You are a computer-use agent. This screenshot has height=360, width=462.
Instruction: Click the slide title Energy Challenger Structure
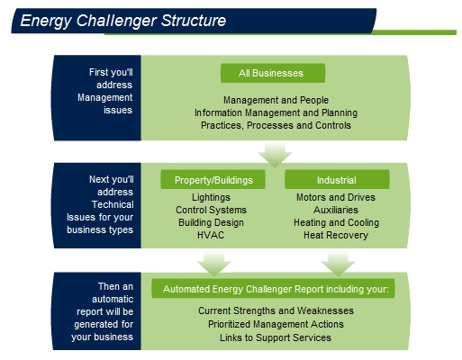[x=123, y=21]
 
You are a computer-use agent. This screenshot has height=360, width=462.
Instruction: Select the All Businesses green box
[x=273, y=73]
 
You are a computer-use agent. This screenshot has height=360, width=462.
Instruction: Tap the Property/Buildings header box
[x=213, y=179]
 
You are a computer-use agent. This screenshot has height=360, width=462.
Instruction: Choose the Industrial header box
[x=337, y=179]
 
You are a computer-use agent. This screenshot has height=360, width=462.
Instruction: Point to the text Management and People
[x=276, y=100]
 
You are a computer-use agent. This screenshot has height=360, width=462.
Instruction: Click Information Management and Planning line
[x=276, y=112]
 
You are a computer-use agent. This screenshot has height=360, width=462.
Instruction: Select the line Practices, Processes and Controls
[x=276, y=125]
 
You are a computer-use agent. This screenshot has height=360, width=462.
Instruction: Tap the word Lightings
[x=211, y=197]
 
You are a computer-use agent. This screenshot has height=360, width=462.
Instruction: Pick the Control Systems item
[x=211, y=210]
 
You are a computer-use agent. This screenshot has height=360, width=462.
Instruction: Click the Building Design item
[x=211, y=222]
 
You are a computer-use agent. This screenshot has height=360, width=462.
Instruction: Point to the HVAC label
[x=211, y=235]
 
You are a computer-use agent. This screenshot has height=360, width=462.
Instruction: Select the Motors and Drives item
[x=336, y=197]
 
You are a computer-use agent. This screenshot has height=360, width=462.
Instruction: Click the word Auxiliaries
[x=336, y=210]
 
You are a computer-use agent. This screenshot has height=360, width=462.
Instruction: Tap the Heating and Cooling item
[x=336, y=222]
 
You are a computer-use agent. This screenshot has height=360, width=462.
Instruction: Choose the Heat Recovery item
[x=336, y=235]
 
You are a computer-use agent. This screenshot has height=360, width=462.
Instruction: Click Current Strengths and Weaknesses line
[x=276, y=310]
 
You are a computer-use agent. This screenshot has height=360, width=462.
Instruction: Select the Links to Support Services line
[x=276, y=337]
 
